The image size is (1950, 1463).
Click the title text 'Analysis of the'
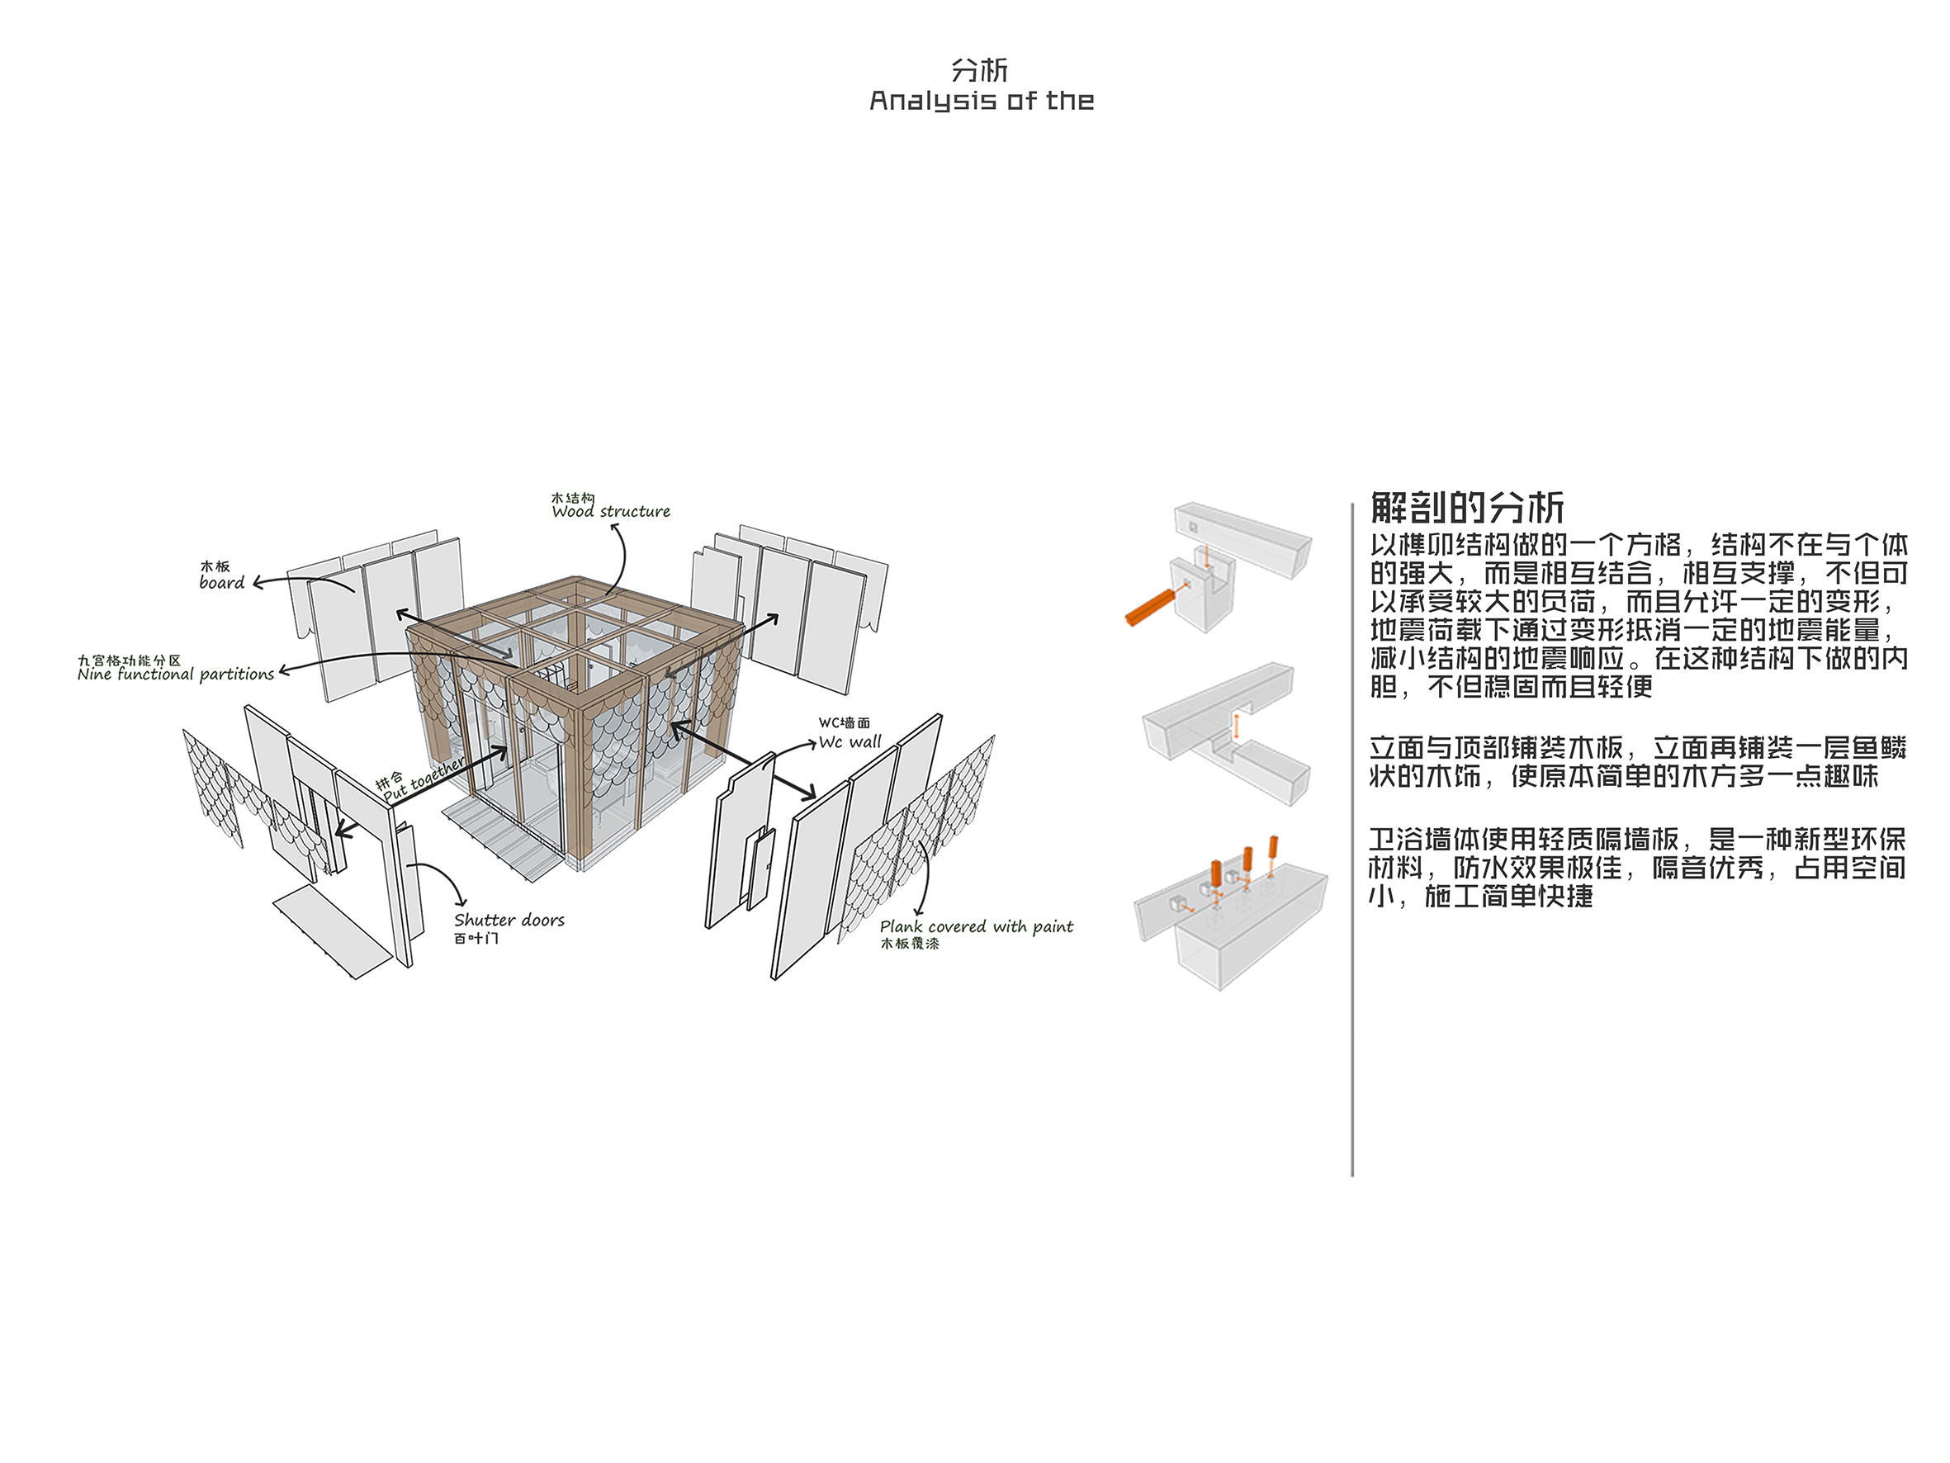(x=981, y=102)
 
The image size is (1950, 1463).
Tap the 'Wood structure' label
(x=611, y=512)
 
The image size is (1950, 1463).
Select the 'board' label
(x=221, y=583)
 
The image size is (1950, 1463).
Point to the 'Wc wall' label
(x=850, y=741)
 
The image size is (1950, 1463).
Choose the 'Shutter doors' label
(x=509, y=920)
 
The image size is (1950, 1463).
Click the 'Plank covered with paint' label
(x=977, y=927)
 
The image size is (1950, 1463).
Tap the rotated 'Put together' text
(x=424, y=779)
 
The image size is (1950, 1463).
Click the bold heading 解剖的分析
(x=1467, y=508)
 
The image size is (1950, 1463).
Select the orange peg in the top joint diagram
(x=1152, y=607)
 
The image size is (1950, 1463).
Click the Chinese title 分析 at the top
(x=979, y=70)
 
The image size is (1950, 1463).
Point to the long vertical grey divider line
(x=1351, y=840)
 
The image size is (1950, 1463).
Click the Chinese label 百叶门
(x=476, y=938)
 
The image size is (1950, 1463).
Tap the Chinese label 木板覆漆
(x=910, y=944)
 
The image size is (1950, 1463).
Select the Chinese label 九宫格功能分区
(x=129, y=660)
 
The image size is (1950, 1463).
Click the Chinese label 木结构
(x=573, y=498)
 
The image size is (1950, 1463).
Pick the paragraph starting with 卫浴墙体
(x=1637, y=868)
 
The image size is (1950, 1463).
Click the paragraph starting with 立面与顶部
(x=1637, y=762)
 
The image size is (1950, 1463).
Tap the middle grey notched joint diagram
(x=1226, y=735)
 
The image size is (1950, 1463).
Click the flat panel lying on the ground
(x=333, y=932)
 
